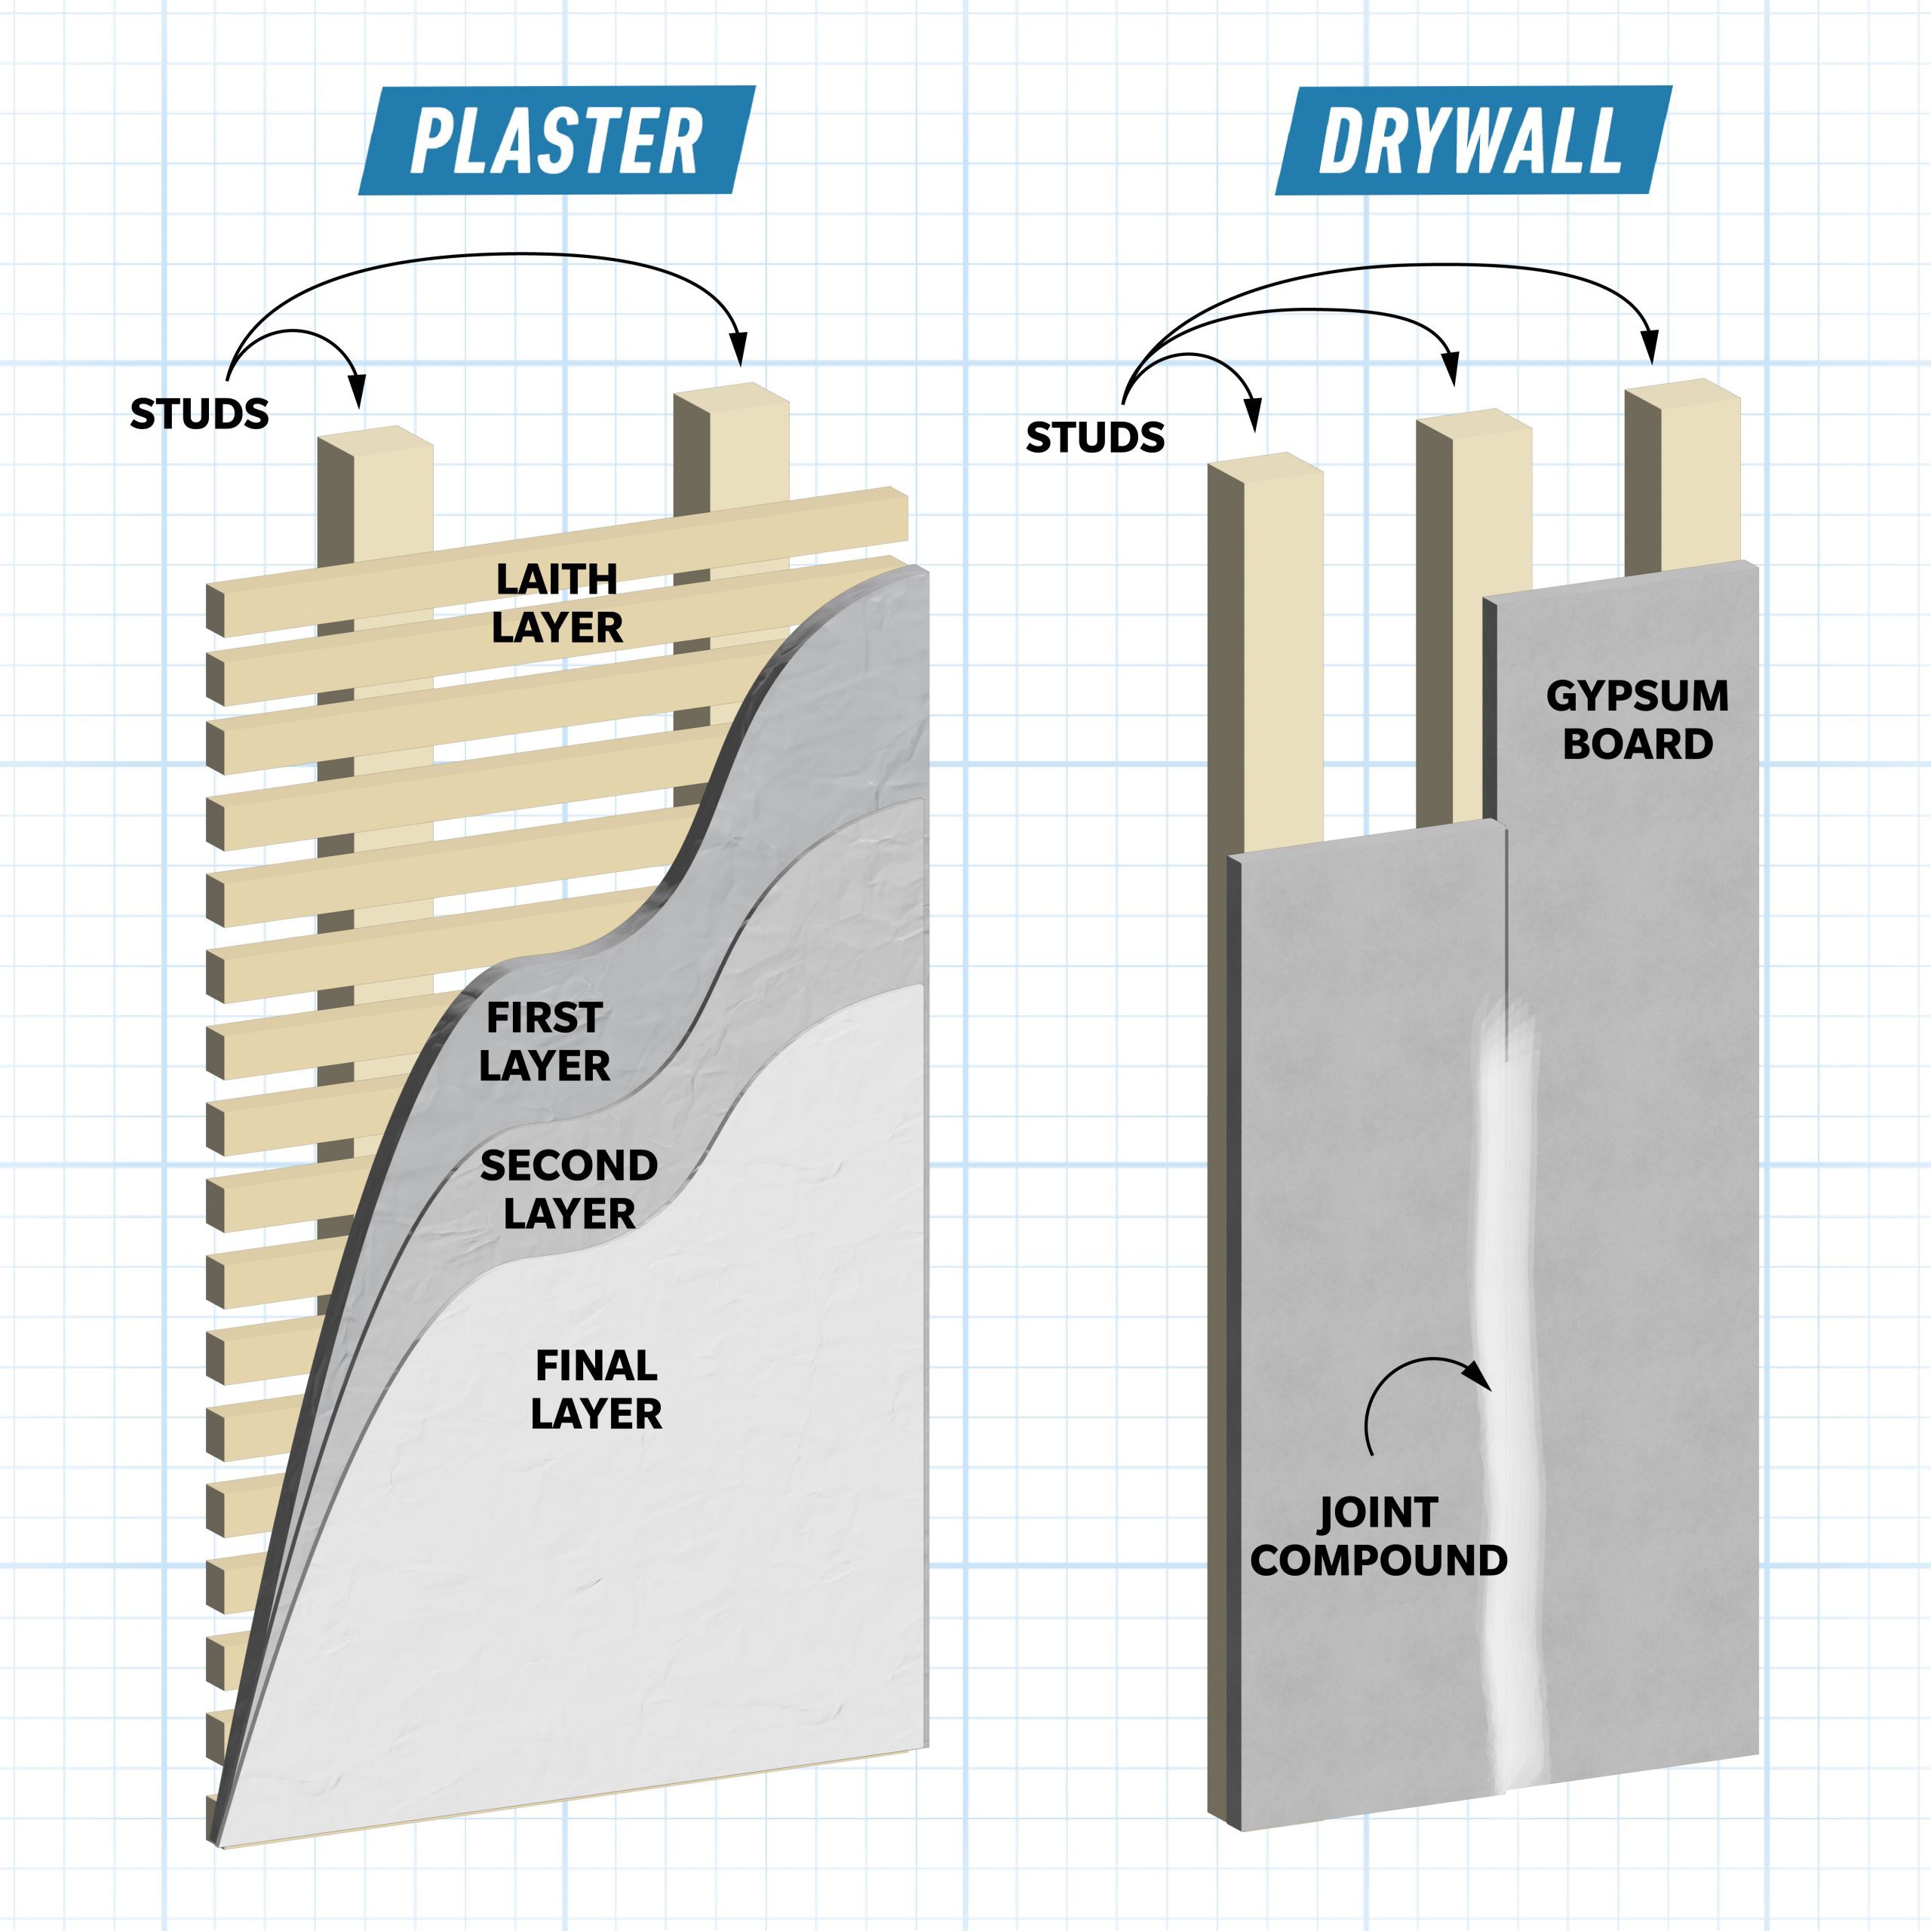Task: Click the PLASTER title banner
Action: (556, 141)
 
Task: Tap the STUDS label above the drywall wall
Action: (1094, 437)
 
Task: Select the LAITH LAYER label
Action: (557, 603)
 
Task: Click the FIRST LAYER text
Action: (545, 1042)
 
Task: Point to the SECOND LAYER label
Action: (569, 1190)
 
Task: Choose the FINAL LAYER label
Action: (596, 1389)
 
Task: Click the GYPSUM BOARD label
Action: (1637, 720)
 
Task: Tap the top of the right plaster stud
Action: (732, 394)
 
